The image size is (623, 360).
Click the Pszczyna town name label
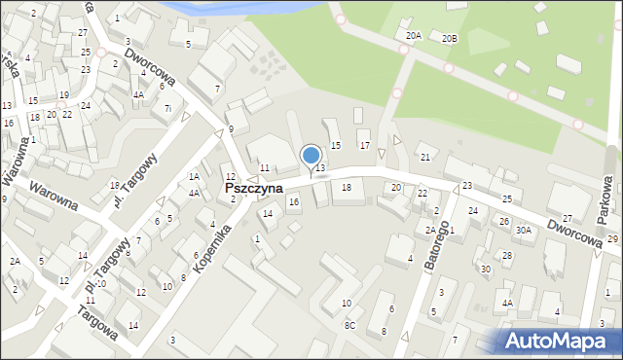[254, 187]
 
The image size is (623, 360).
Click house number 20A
[414, 36]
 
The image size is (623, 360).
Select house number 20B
[449, 39]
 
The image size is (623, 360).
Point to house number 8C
[349, 326]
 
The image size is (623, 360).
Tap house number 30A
[524, 231]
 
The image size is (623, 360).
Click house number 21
[424, 158]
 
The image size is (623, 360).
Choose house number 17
[365, 145]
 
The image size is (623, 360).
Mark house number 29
[612, 239]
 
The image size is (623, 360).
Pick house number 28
[506, 255]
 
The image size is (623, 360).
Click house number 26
[504, 222]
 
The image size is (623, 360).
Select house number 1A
[194, 176]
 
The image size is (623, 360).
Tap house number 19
[63, 95]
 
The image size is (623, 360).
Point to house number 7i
[167, 107]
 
